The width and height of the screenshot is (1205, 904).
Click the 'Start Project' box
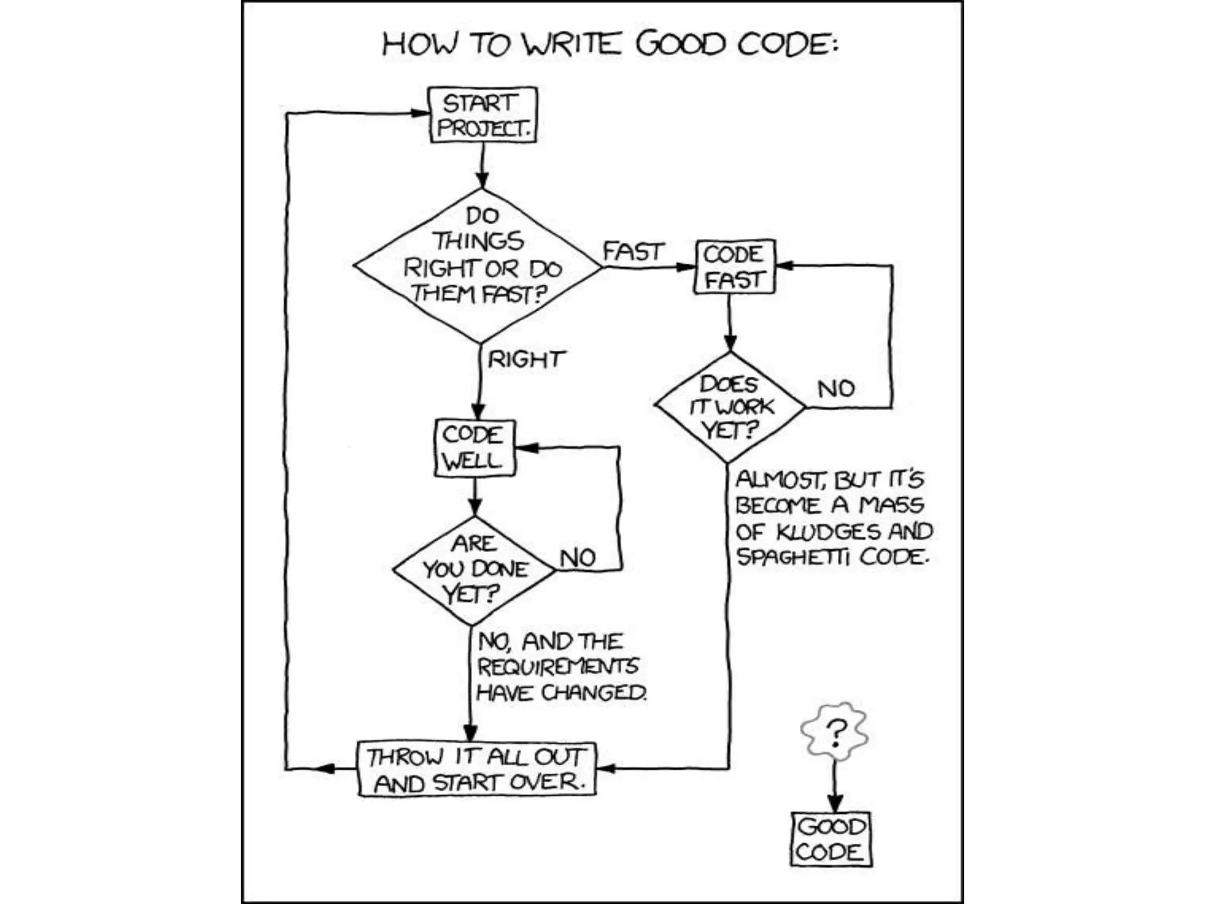(x=482, y=115)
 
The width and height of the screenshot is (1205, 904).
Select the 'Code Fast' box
(x=734, y=267)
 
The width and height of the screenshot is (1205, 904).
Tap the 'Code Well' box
(x=474, y=448)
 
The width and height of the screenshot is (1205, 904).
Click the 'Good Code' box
(x=830, y=840)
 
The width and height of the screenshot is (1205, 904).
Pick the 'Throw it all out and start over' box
(x=477, y=769)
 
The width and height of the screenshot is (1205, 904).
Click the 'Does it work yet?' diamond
(x=730, y=407)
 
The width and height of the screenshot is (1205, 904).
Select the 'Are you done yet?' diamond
(x=474, y=570)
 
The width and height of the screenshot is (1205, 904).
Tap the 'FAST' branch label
(x=633, y=252)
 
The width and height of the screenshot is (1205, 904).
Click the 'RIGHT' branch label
(x=526, y=359)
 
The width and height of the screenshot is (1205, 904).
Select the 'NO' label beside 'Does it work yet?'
(x=835, y=388)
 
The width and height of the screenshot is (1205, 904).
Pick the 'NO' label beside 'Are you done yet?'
(x=578, y=557)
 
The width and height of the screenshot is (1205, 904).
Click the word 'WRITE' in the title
(x=572, y=44)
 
